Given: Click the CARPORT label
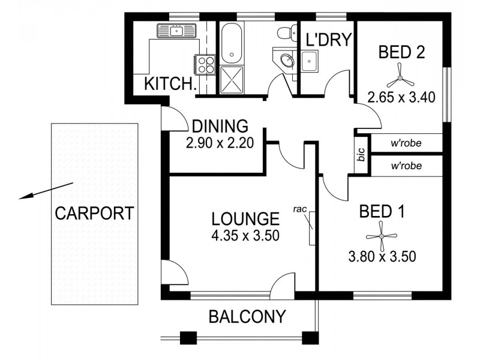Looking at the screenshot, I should tap(94, 213).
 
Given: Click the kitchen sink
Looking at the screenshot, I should tap(177, 31).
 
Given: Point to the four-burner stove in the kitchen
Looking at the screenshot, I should tap(204, 64).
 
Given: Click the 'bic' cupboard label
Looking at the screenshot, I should tap(361, 155).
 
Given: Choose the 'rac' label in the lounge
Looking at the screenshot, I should tap(301, 209).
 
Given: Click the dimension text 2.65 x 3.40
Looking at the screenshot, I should tap(401, 97).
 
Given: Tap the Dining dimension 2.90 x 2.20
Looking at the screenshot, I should tap(220, 143).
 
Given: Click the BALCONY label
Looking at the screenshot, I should tap(247, 316).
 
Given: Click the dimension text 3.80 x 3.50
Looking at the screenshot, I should tap(382, 257).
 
